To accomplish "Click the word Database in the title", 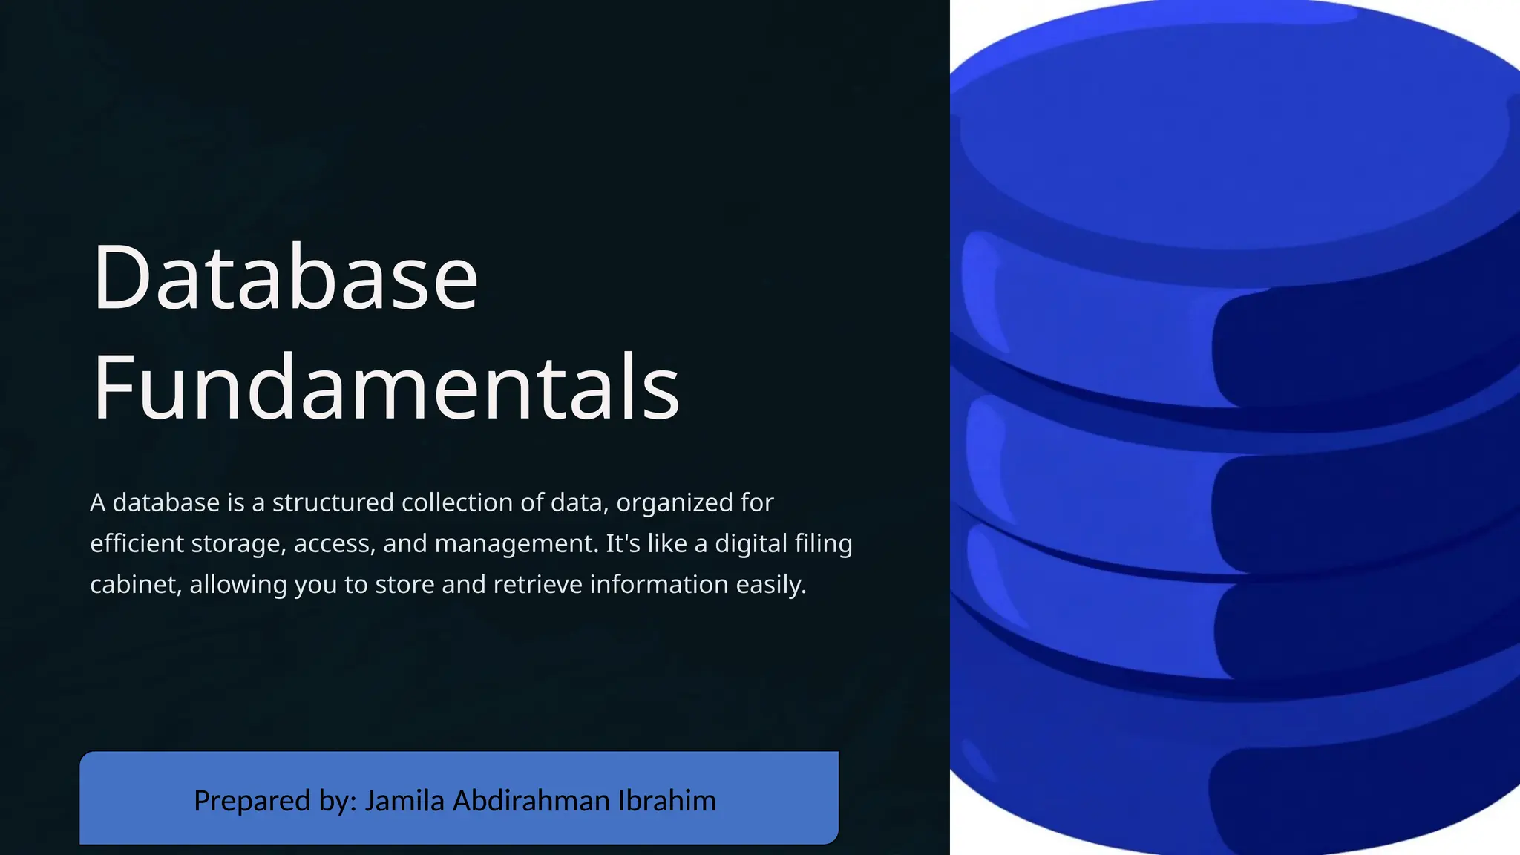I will pyautogui.click(x=285, y=278).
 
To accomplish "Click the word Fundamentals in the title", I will pyautogui.click(x=386, y=388).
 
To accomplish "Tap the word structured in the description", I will pyautogui.click(x=333, y=503).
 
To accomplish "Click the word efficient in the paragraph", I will pyautogui.click(x=137, y=544).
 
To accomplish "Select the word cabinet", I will pyautogui.click(x=135, y=585).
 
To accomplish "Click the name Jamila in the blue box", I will pyautogui.click(x=404, y=802).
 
